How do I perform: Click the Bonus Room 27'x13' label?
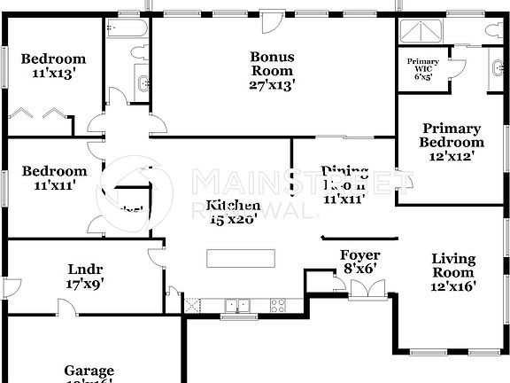coord(272,70)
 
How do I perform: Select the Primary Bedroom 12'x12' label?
coord(452,142)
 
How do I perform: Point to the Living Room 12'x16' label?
coord(453,272)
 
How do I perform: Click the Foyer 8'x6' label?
coord(360,262)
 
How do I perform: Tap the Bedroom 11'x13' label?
coord(54,66)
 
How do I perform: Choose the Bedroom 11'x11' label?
coord(54,178)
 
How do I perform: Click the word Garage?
coord(89,371)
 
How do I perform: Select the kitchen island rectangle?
coord(241,258)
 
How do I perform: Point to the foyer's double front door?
coord(367,289)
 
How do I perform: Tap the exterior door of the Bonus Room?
coord(271,20)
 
